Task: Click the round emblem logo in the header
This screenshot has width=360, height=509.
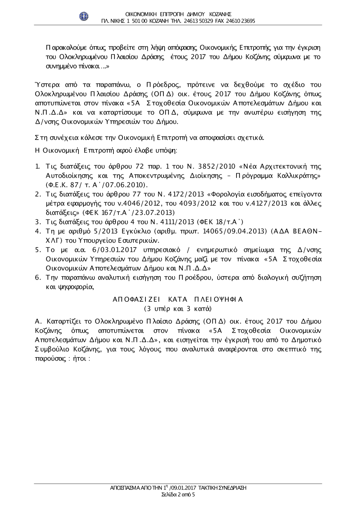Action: pyautogui.click(x=84, y=16)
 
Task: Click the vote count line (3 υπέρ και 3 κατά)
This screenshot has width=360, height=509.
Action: pyautogui.click(x=178, y=309)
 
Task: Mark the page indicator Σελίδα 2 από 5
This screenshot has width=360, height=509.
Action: pyautogui.click(x=179, y=495)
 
